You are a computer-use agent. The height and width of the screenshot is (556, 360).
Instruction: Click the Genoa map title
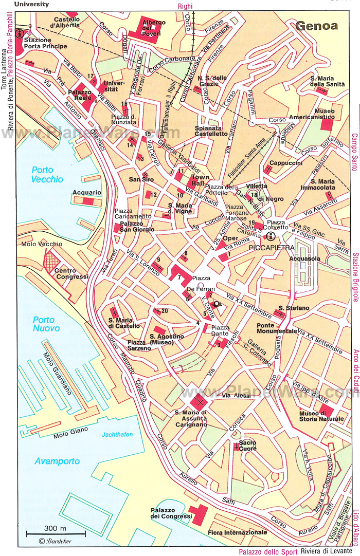coord(316,26)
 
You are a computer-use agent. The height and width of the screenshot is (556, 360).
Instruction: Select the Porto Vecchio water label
coord(47,175)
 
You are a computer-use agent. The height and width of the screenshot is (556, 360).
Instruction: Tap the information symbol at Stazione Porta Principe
coord(20,34)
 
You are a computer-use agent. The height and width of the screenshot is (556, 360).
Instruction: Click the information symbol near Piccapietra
coord(271,236)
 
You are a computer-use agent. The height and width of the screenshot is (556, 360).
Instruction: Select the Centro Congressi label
coord(71,273)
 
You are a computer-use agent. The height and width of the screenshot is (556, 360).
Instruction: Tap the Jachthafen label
coord(117,435)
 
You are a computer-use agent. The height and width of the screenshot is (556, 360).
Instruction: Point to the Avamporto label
coord(57,461)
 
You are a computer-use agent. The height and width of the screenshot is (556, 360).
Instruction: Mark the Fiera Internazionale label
coord(237,532)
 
